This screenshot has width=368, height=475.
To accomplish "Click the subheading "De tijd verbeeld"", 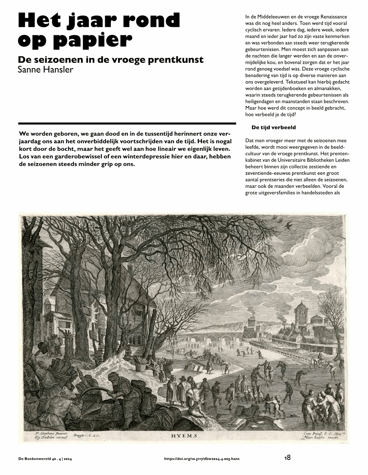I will (x=273, y=127).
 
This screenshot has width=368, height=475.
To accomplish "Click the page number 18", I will (x=287, y=458).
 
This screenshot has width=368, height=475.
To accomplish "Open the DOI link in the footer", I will (x=202, y=458).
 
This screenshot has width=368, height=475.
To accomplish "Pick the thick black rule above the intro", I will (x=127, y=123).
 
